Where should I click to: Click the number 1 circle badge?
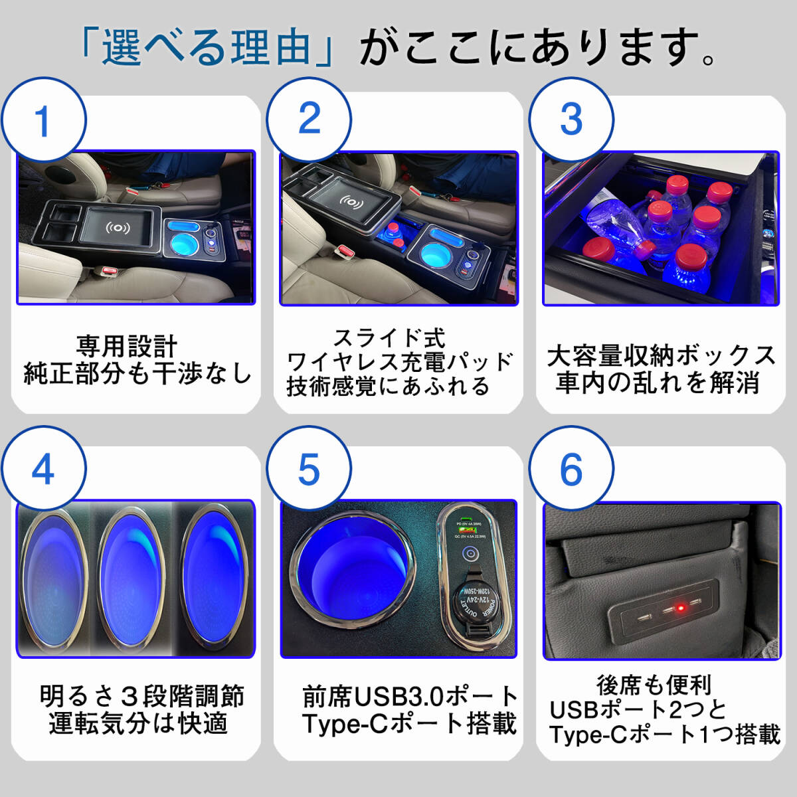click(43, 121)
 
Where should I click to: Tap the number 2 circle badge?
click(309, 120)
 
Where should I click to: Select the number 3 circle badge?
click(571, 120)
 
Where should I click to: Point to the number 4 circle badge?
click(43, 470)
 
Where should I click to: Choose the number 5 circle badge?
click(309, 470)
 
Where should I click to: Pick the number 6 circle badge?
click(571, 470)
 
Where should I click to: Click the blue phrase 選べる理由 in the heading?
click(206, 48)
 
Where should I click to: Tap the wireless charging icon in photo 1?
click(118, 228)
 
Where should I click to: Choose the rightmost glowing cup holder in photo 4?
click(216, 575)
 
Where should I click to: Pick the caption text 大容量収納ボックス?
click(661, 357)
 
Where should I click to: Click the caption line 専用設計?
click(127, 347)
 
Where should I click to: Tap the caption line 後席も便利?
click(654, 685)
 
